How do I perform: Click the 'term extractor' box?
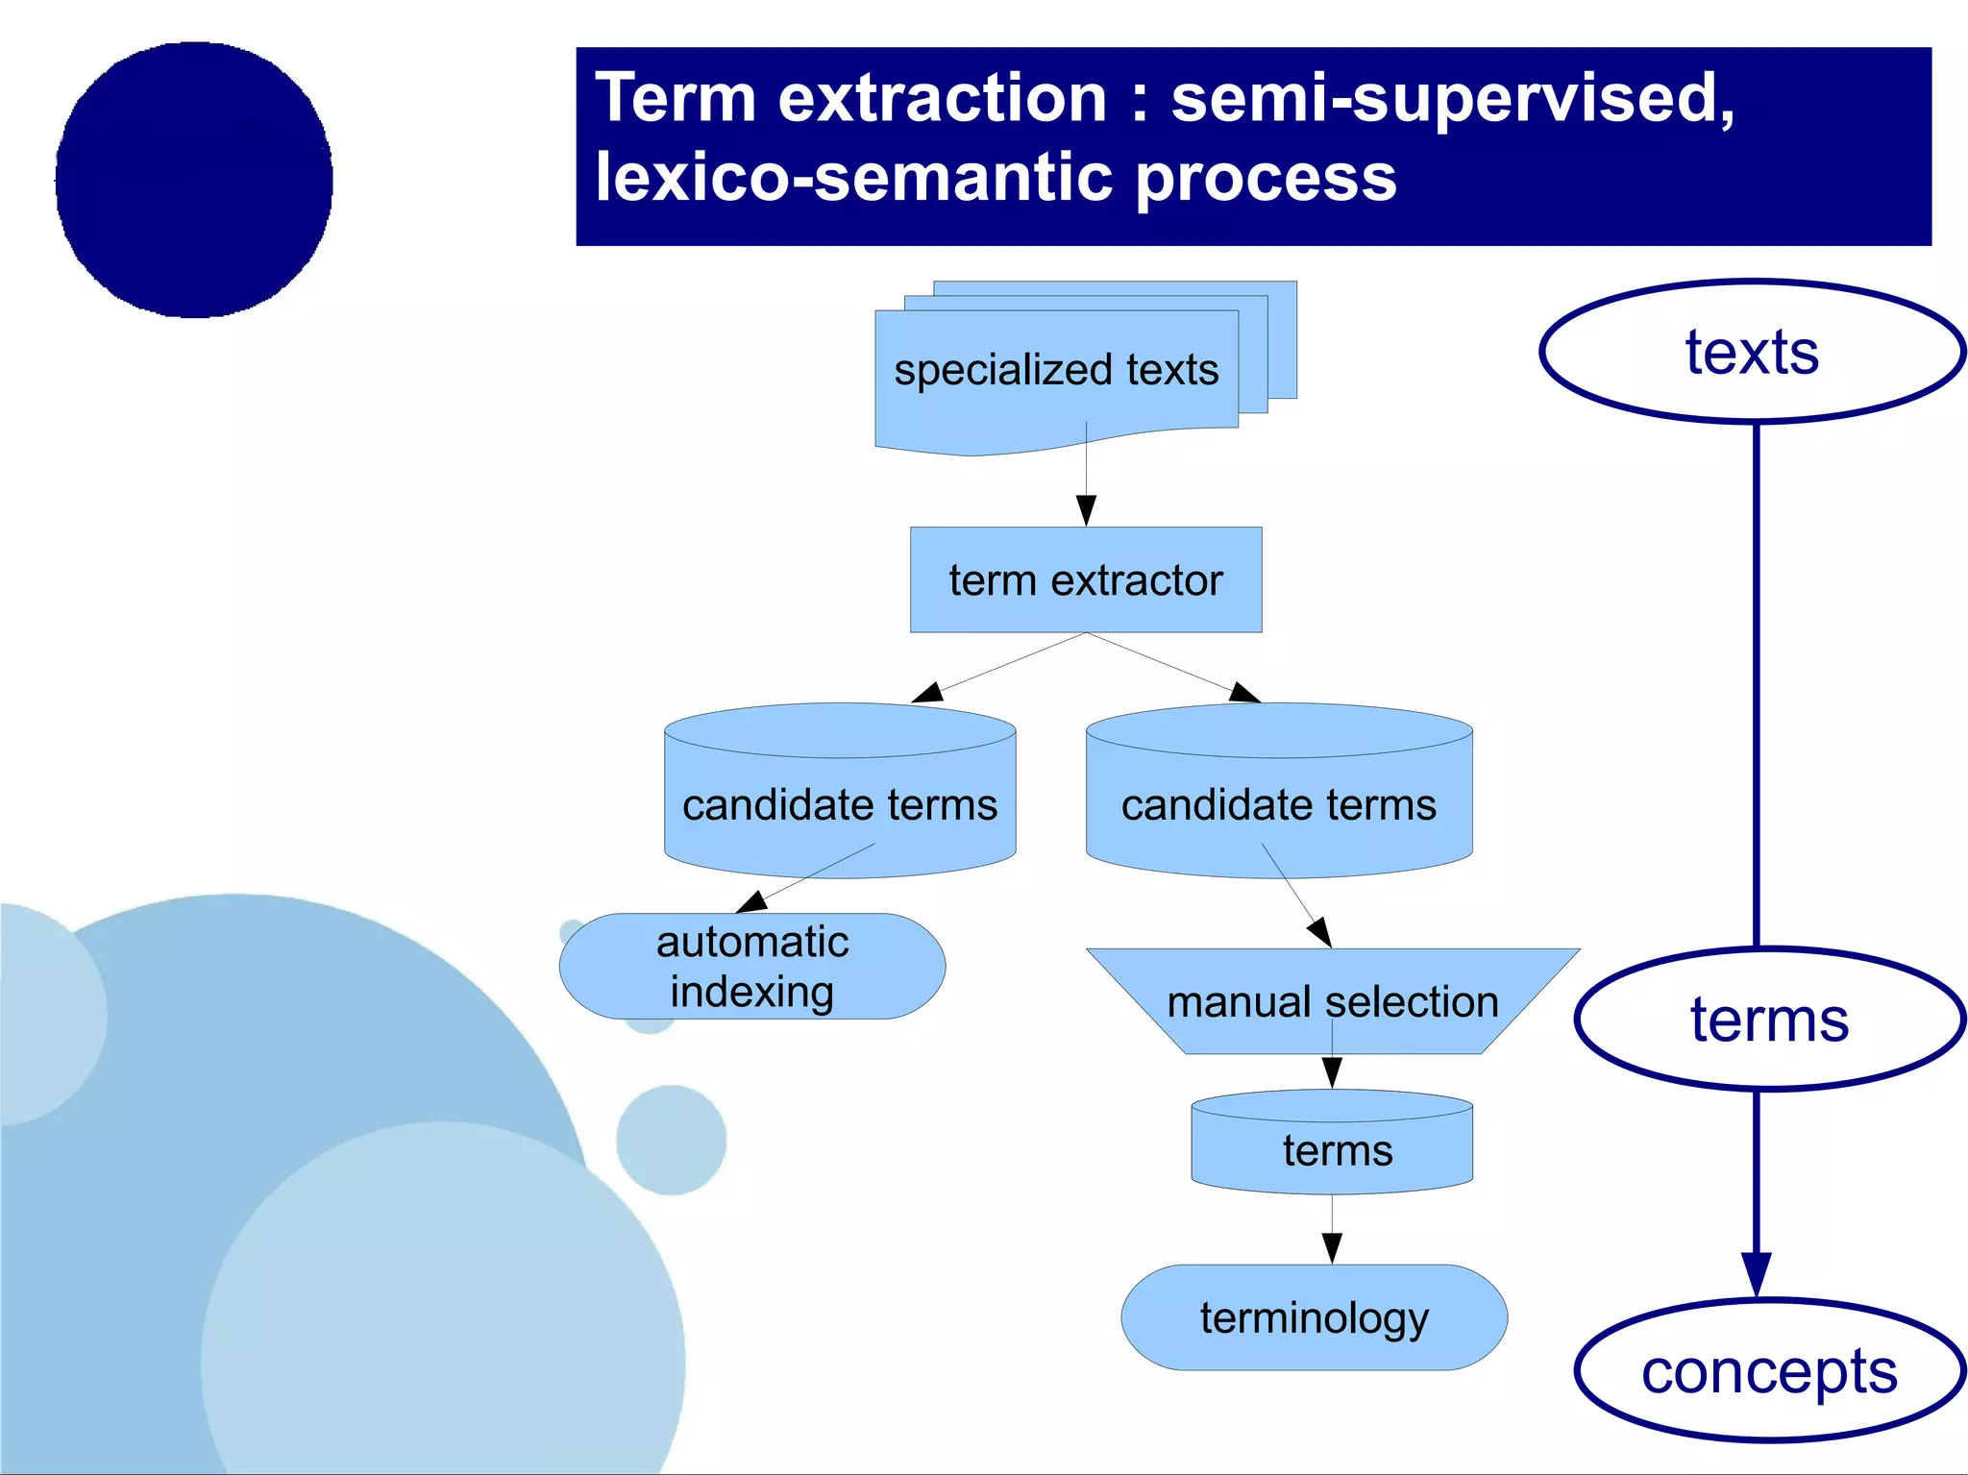[x=1086, y=579]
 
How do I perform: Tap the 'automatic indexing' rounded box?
[x=752, y=966]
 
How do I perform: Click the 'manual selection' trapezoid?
[x=1332, y=1001]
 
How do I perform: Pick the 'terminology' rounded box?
[x=1314, y=1317]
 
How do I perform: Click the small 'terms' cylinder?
[x=1332, y=1149]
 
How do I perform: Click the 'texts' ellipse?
[x=1752, y=352]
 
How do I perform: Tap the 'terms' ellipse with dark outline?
[x=1769, y=1020]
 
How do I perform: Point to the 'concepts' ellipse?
[x=1769, y=1370]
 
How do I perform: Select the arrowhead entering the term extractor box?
[x=1086, y=509]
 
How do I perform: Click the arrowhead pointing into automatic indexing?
[x=752, y=901]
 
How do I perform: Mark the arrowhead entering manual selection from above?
[x=1320, y=931]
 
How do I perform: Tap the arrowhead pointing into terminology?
[x=1332, y=1247]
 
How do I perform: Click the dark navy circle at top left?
[x=194, y=180]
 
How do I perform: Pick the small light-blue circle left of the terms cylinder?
[x=671, y=1140]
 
